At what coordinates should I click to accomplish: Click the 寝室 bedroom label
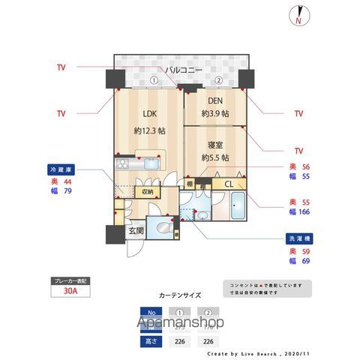(215, 144)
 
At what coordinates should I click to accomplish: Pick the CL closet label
(227, 182)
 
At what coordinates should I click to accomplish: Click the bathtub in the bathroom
(237, 206)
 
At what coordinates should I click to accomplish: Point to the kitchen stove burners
(122, 162)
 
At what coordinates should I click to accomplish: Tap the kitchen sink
(147, 162)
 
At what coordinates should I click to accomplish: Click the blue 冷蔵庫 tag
(59, 170)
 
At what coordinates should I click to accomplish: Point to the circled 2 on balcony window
(218, 80)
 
